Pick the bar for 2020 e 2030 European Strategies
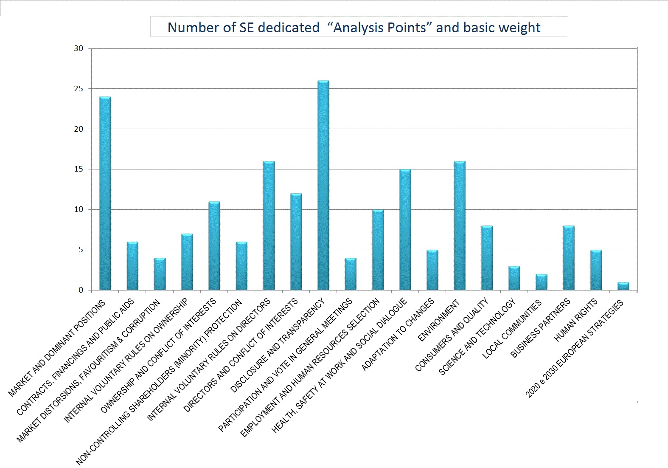coord(623,286)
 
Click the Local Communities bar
coord(542,282)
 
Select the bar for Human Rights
coord(596,270)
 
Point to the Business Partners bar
coord(569,258)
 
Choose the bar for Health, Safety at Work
coord(405,230)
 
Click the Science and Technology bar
coord(514,278)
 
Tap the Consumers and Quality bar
coord(487,258)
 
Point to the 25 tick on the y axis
coord(79,89)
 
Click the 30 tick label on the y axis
coord(79,48)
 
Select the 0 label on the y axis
coord(81,290)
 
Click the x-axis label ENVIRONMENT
coord(439,320)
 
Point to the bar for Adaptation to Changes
coord(432,270)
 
